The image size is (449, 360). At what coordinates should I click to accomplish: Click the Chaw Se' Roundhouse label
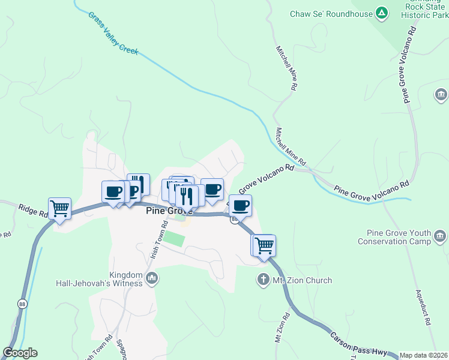[331, 14]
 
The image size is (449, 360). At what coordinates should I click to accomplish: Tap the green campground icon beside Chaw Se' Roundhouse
[381, 13]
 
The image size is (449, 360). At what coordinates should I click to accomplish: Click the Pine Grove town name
[169, 211]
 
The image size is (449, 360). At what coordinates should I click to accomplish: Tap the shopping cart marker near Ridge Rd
[59, 209]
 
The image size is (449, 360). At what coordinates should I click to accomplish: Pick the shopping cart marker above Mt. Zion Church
[264, 245]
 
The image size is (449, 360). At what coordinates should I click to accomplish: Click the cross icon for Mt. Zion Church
[262, 280]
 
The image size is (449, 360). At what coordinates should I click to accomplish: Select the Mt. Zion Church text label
[303, 280]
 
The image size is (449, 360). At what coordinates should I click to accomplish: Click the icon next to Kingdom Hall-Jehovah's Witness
[152, 278]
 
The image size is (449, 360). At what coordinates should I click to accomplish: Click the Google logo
[20, 353]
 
